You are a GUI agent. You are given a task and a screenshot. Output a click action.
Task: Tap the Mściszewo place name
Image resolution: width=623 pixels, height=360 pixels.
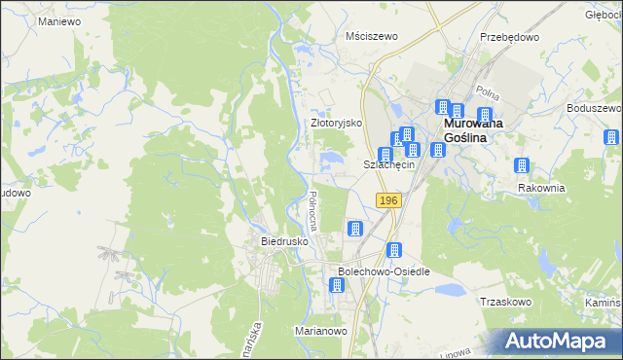373,36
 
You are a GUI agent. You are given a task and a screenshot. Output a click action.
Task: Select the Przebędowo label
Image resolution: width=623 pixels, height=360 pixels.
509,36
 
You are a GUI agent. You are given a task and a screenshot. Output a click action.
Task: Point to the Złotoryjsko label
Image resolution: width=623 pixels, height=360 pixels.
336,124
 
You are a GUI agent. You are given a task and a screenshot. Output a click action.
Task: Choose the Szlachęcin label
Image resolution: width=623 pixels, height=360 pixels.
389,165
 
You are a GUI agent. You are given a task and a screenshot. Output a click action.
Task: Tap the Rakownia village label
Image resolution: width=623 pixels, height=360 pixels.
541,188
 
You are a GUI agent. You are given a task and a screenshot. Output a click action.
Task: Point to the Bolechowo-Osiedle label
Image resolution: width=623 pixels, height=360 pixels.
384,271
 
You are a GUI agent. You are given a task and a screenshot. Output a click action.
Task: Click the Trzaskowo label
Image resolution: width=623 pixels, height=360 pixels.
505,302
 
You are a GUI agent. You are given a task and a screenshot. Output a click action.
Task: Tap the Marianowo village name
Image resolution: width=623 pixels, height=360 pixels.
321,331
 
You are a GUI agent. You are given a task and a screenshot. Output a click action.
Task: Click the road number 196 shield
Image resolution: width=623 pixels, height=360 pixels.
388,199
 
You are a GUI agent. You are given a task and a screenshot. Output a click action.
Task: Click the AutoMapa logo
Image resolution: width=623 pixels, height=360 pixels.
556,341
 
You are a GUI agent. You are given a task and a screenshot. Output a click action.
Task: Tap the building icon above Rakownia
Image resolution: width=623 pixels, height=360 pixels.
522,166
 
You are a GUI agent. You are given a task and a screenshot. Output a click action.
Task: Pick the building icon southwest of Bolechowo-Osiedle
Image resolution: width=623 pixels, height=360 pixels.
337,285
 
